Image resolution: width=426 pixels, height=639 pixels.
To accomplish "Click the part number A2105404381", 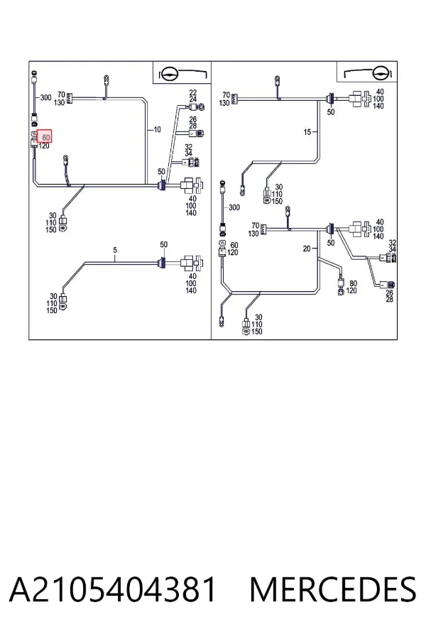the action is (x=112, y=589).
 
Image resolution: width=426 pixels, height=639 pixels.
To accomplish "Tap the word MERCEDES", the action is (x=333, y=589).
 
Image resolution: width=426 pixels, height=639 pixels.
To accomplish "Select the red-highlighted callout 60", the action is (x=45, y=136).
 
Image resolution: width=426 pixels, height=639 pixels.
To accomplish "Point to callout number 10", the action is (x=158, y=130).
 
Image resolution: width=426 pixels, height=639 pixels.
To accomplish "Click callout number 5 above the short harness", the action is (x=115, y=250).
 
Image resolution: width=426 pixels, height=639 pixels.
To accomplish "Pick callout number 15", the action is (x=307, y=132).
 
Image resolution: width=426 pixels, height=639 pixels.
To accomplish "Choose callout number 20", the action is (x=307, y=248).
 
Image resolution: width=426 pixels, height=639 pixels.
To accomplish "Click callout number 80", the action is (x=353, y=283).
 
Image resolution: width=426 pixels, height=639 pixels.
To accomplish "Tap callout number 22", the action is (x=193, y=93).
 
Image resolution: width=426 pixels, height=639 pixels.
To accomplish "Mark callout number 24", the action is (x=193, y=99).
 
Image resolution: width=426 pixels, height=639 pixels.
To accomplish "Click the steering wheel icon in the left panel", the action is (x=168, y=74).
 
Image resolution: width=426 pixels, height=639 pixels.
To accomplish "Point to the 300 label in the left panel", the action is (x=45, y=98).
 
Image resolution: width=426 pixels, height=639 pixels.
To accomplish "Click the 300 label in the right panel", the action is (x=234, y=207).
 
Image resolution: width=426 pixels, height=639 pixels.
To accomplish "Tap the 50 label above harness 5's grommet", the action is (x=163, y=244).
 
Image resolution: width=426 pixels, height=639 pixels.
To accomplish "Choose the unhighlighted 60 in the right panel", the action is (x=234, y=246).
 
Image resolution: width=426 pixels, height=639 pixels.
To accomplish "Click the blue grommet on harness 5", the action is (x=163, y=263).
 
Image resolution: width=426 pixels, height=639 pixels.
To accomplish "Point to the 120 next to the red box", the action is (x=44, y=146).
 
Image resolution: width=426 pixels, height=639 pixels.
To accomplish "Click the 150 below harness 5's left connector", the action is (x=51, y=310).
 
